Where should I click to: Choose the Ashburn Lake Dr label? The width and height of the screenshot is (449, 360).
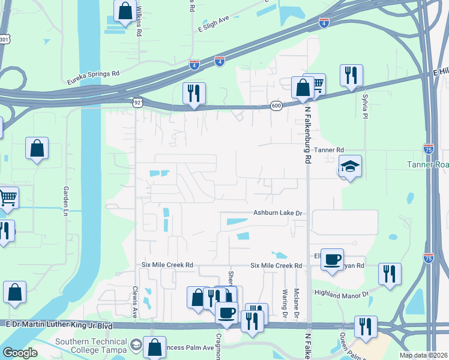(277, 213)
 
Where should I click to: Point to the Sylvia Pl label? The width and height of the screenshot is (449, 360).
(364, 106)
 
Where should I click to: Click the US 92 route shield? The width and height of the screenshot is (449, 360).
(137, 103)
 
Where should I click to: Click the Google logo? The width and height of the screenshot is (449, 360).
(20, 353)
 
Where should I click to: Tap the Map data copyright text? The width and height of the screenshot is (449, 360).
(423, 355)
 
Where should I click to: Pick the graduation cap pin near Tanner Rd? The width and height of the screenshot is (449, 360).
(350, 166)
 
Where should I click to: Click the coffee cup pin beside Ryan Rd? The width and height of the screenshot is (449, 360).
(332, 259)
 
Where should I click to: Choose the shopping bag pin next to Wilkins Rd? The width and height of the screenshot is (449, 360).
(124, 11)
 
